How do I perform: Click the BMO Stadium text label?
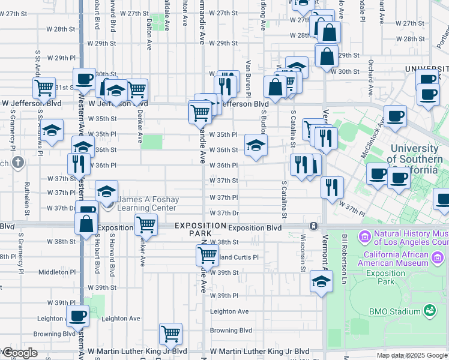click(395, 311)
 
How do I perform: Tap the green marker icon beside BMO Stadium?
click(429, 311)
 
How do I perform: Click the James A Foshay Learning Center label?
click(148, 204)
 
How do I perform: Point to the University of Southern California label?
click(414, 159)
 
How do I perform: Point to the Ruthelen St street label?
click(27, 199)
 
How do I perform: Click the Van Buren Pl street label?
click(248, 78)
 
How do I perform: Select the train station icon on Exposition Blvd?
click(313, 226)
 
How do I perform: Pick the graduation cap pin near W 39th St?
click(321, 281)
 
